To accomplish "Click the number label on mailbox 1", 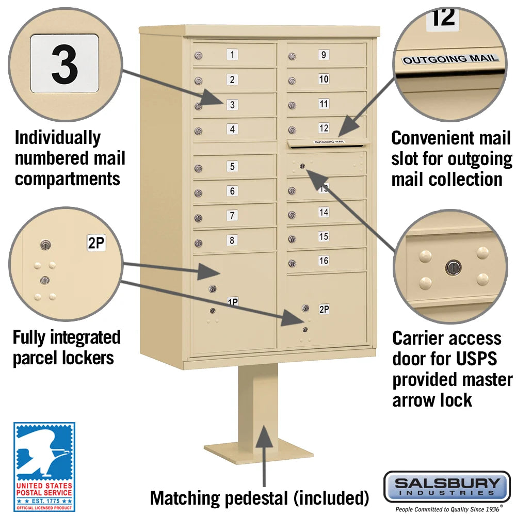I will coord(233,55).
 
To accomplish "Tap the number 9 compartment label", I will coord(324,55).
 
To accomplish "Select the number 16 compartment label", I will coord(324,261).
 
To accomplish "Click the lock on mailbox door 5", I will coord(198,168).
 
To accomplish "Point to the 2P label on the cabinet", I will coord(324,309).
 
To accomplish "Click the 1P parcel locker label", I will coord(233,301).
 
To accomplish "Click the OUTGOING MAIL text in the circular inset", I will coord(450,59).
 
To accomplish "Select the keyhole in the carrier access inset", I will coord(452,267).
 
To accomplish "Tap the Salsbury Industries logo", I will coord(447,486).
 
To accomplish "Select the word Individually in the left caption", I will coord(57,138).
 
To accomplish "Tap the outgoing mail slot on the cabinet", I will coord(328,143).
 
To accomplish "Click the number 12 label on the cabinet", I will coord(324,127).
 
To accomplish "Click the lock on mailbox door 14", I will coord(292,215).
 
